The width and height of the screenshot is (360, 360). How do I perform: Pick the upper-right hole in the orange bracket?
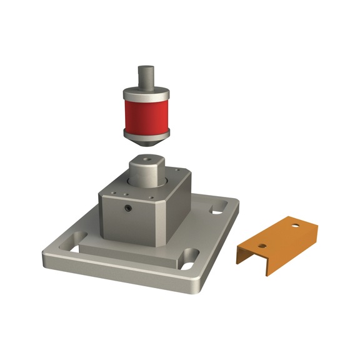click(x=295, y=225)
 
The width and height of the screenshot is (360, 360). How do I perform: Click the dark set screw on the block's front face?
click(x=127, y=208)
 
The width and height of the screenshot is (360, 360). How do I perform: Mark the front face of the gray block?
click(x=125, y=219)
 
